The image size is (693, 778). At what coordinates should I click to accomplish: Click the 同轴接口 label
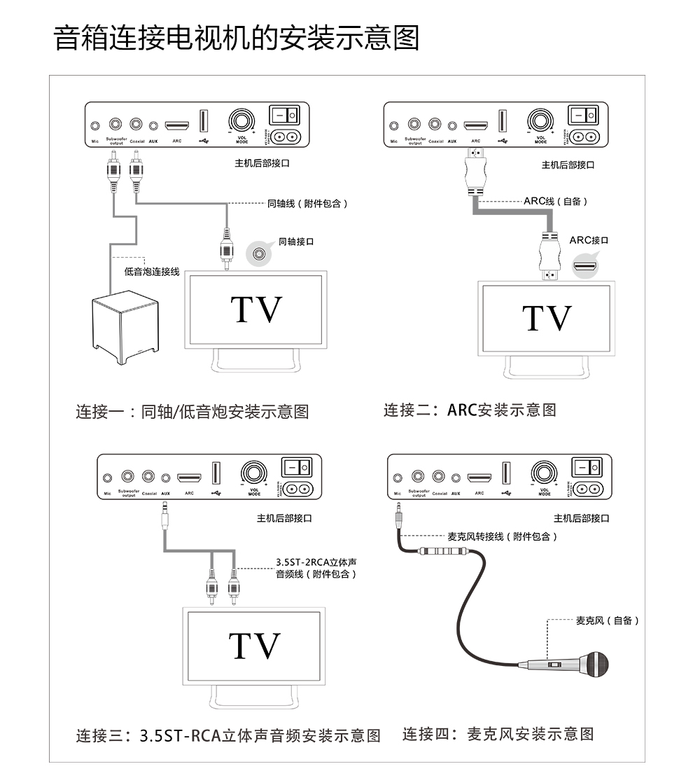point(296,242)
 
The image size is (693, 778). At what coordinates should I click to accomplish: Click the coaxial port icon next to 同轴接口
point(260,253)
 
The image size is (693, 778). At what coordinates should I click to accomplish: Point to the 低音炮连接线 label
point(152,272)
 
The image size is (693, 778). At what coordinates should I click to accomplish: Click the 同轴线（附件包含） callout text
point(307,204)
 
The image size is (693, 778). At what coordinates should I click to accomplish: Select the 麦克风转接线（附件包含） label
point(503,536)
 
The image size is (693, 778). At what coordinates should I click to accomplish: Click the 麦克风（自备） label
point(607,620)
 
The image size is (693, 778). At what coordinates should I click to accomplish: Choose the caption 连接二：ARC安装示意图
point(470,410)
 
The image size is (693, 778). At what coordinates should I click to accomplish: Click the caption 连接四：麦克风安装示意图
point(498,734)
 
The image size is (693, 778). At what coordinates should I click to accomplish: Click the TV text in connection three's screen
point(255,646)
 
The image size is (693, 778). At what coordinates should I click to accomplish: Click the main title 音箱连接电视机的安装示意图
point(237,39)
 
